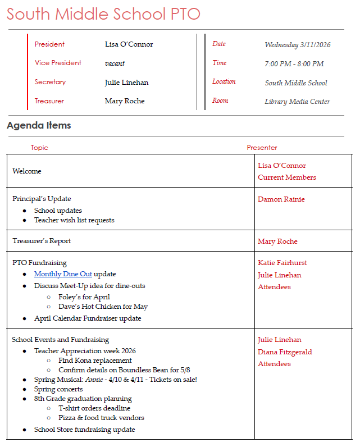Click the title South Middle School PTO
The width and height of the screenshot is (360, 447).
(x=103, y=14)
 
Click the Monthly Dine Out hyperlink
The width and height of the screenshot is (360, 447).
(x=63, y=274)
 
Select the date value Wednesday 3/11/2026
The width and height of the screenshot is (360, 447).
(x=298, y=45)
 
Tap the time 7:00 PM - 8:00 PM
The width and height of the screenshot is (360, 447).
(x=294, y=64)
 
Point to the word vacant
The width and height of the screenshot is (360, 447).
(x=115, y=63)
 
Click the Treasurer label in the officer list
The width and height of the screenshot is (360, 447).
(x=49, y=101)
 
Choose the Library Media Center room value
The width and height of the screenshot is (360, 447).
(x=297, y=102)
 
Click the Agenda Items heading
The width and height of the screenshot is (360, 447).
(x=39, y=125)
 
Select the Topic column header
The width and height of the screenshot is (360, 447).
(x=39, y=148)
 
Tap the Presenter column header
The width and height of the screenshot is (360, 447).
(x=262, y=148)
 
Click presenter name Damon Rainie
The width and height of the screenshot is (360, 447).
(x=281, y=199)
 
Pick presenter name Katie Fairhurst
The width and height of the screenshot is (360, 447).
(x=282, y=263)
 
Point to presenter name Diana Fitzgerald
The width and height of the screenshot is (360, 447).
(x=285, y=352)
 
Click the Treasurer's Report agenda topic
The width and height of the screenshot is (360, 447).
(x=42, y=241)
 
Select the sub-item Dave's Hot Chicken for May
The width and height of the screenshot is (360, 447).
(x=103, y=307)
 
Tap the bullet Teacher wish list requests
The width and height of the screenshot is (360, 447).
(x=74, y=220)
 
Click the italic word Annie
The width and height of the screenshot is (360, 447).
(x=94, y=380)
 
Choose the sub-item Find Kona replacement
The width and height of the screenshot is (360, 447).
(x=95, y=361)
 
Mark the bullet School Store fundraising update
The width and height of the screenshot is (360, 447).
(x=84, y=430)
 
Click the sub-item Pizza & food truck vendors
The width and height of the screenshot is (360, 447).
(x=101, y=418)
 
